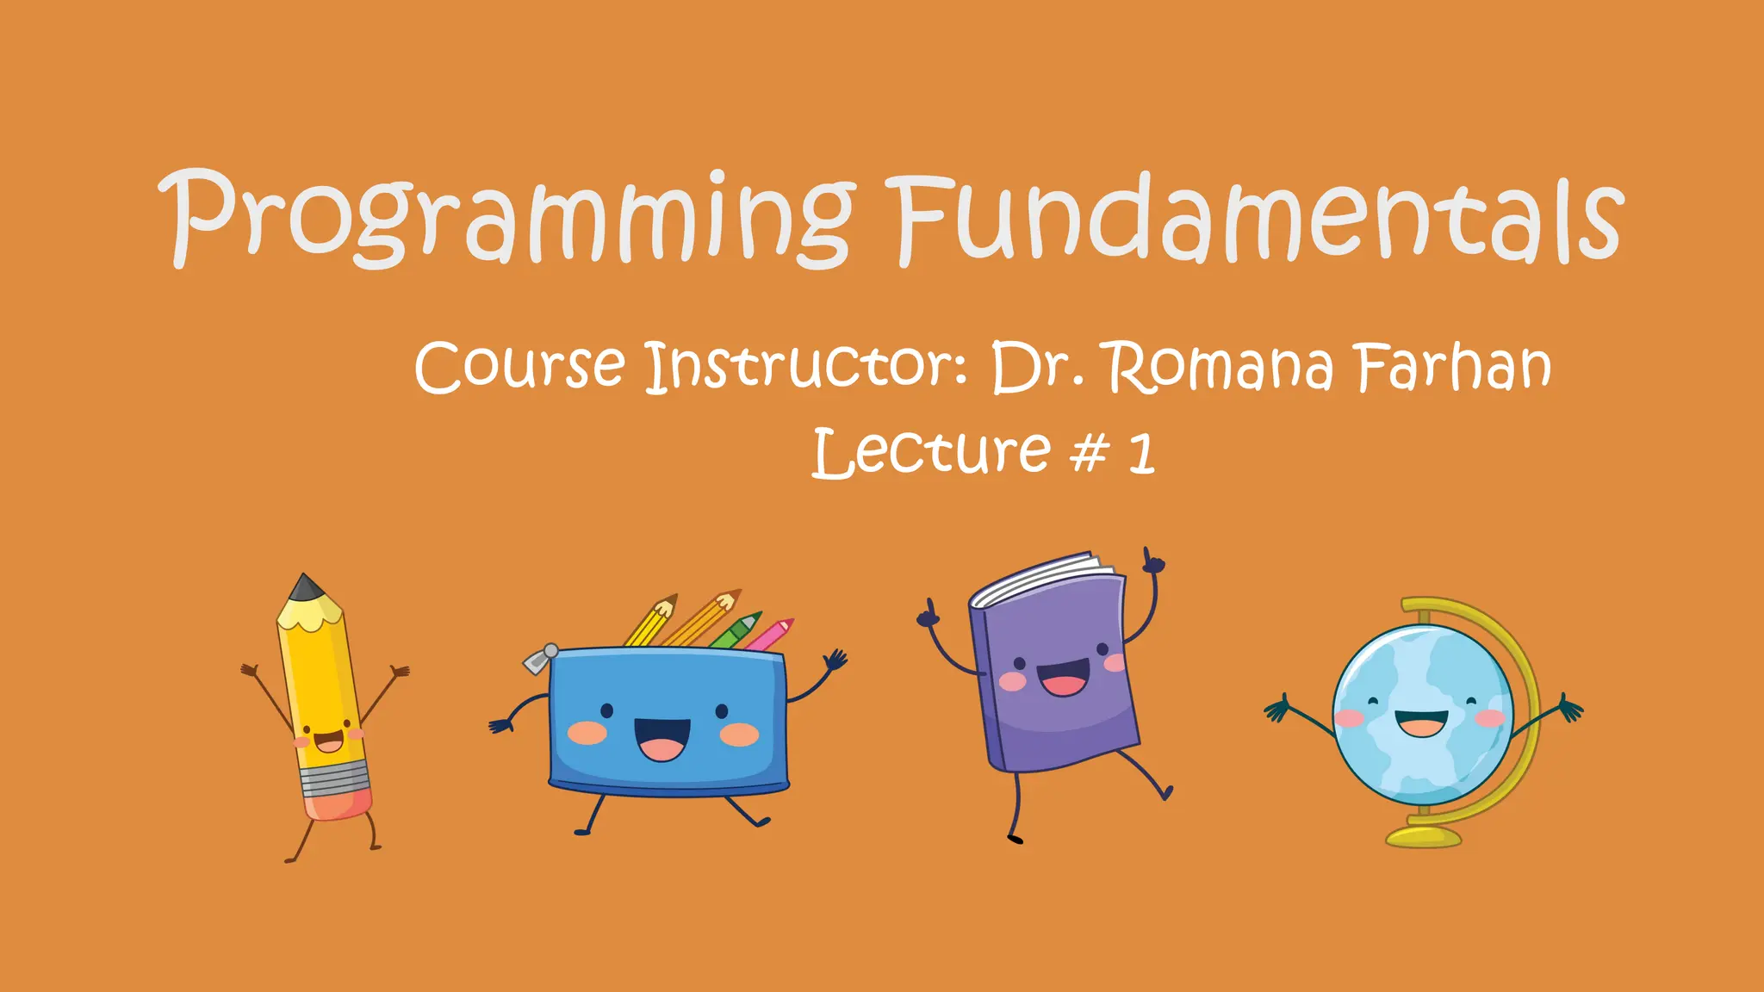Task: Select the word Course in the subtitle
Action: click(519, 367)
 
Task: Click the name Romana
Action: click(1220, 367)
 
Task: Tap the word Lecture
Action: click(930, 453)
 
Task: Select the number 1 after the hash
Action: click(1142, 455)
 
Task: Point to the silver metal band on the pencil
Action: click(333, 778)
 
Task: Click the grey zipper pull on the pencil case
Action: click(541, 659)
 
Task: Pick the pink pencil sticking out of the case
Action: click(769, 634)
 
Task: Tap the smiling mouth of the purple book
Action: click(1064, 677)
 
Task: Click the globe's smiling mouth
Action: click(1421, 722)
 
